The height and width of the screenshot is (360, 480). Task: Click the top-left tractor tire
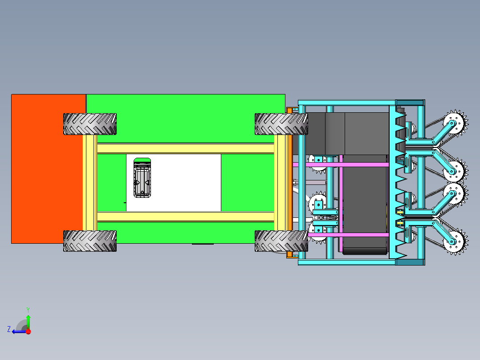[89, 124]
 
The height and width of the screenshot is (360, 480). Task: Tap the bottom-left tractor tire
[89, 241]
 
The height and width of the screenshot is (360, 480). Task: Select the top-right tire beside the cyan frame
[281, 124]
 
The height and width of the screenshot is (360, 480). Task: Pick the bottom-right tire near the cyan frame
[281, 241]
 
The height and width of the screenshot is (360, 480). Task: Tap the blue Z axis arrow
[19, 331]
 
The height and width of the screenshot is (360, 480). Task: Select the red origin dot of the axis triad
[28, 331]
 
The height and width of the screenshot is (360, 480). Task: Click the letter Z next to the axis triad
[9, 329]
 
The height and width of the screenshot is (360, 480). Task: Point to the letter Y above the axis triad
[28, 309]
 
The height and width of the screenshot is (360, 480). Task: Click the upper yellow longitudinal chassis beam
[185, 148]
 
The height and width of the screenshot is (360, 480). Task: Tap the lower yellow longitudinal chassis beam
[185, 217]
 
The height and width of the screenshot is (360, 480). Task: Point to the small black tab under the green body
[203, 244]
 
